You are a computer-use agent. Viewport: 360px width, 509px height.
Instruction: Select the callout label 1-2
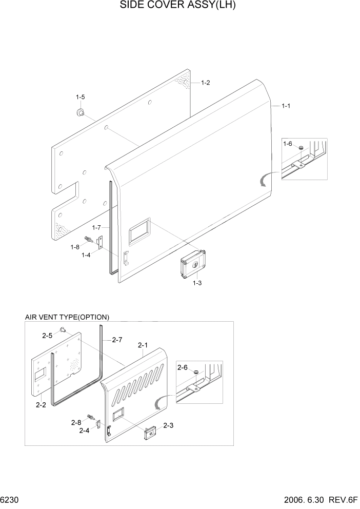click(205, 83)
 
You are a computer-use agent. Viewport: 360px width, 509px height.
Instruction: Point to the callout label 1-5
click(81, 97)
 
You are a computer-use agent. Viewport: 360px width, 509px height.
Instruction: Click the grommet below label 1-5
click(80, 112)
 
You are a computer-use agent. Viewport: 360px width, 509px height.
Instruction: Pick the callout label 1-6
click(288, 144)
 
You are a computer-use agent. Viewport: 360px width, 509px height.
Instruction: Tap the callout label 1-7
click(97, 227)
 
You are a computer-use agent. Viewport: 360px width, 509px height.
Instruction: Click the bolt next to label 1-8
click(91, 239)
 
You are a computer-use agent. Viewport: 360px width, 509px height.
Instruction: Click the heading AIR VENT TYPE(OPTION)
click(67, 317)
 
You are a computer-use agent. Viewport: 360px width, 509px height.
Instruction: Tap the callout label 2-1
click(143, 346)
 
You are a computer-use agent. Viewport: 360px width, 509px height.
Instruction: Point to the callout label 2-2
click(42, 405)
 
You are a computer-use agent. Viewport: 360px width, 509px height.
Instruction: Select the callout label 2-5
click(47, 336)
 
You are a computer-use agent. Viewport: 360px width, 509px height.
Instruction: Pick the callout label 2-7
click(116, 340)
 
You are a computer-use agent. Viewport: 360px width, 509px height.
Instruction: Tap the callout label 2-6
click(183, 367)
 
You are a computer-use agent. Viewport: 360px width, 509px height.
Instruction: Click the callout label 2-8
click(76, 422)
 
